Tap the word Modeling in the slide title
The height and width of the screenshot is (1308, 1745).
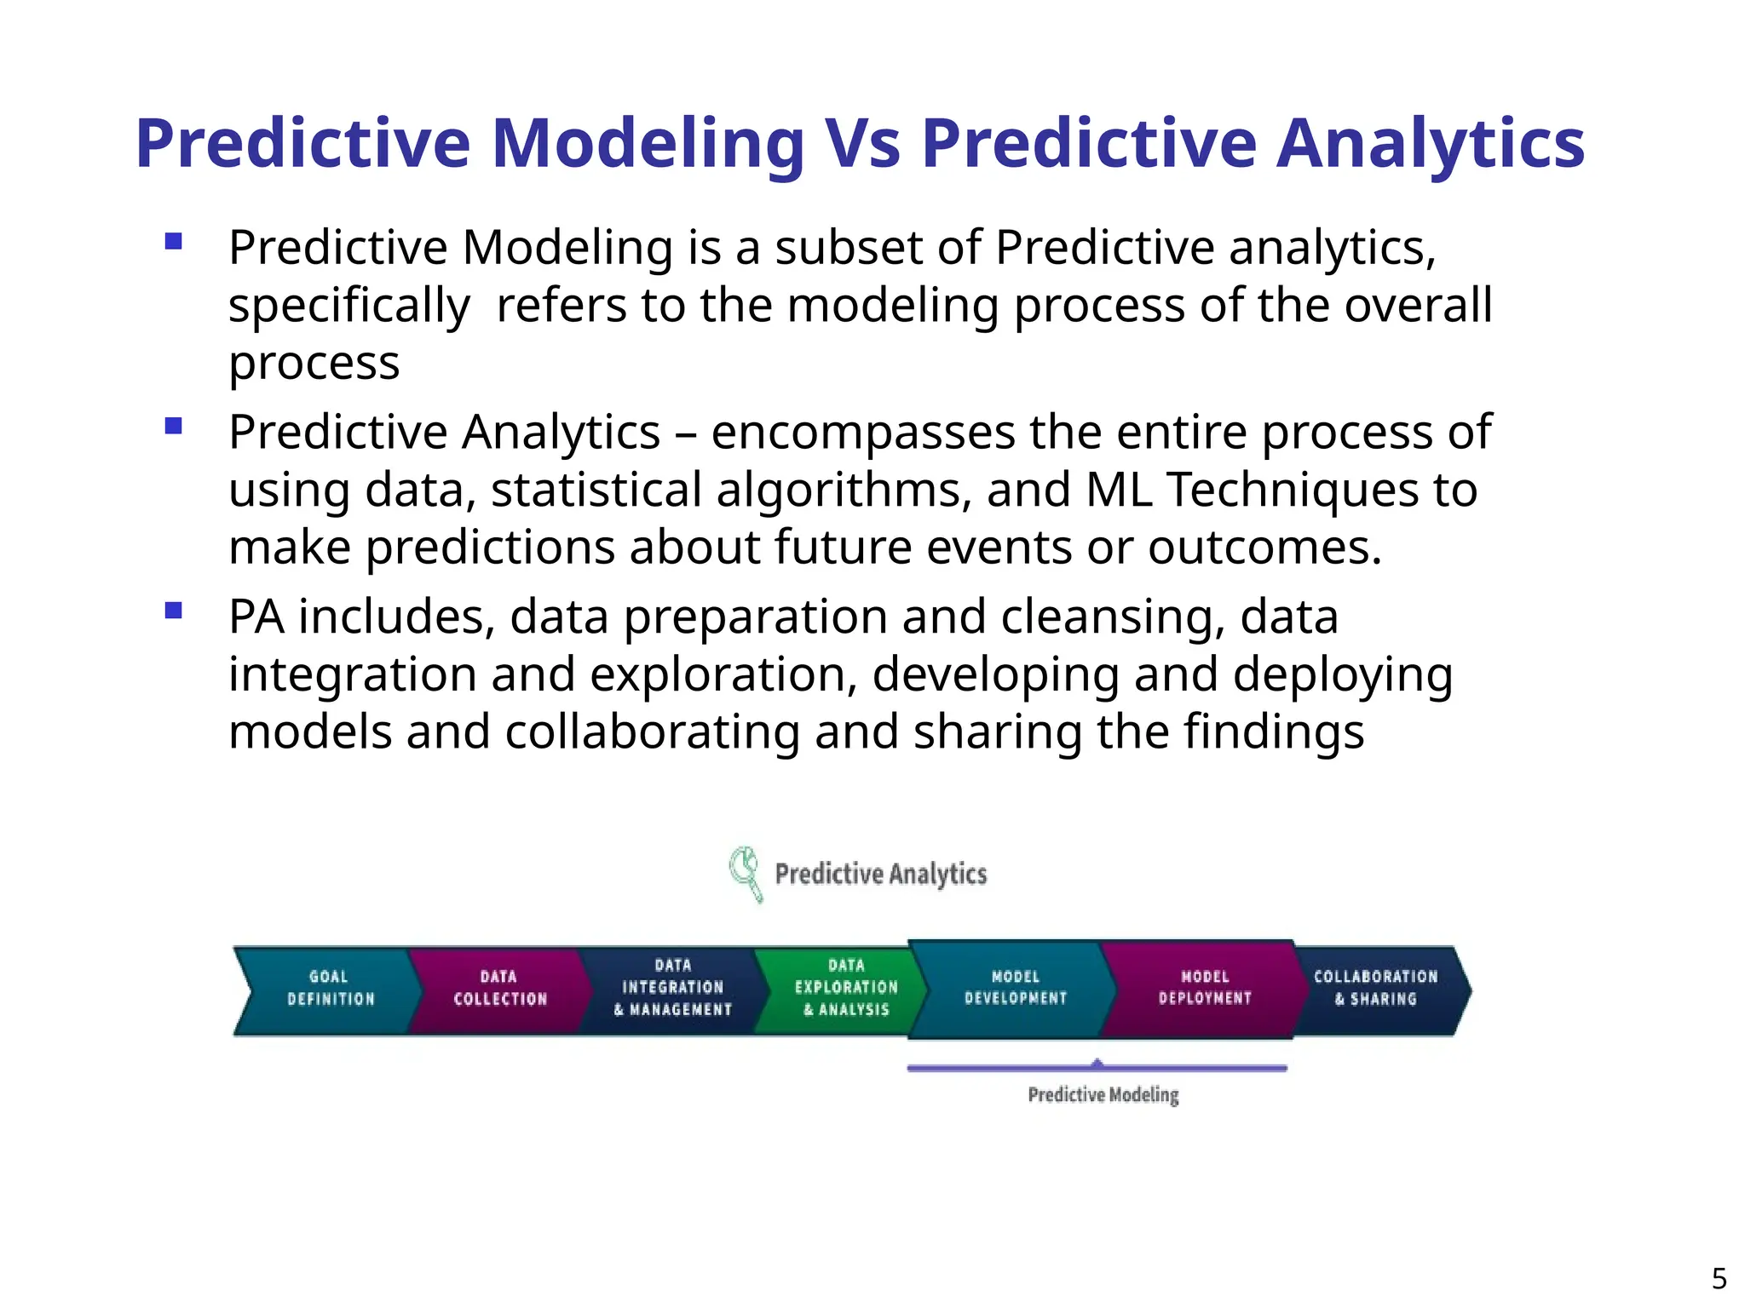point(648,145)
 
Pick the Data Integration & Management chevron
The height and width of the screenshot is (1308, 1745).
point(672,989)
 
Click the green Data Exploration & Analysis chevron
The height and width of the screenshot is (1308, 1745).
point(846,989)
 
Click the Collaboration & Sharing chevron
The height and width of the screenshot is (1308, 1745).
point(1375,989)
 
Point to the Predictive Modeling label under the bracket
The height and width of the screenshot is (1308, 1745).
point(1103,1095)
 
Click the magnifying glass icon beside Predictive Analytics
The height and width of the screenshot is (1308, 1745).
point(745,872)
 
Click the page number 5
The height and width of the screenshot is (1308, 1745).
point(1719,1279)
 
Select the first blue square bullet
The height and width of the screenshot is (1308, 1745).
point(174,241)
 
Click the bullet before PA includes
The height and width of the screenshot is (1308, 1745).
point(174,610)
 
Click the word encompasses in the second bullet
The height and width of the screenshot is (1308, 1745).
point(863,433)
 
